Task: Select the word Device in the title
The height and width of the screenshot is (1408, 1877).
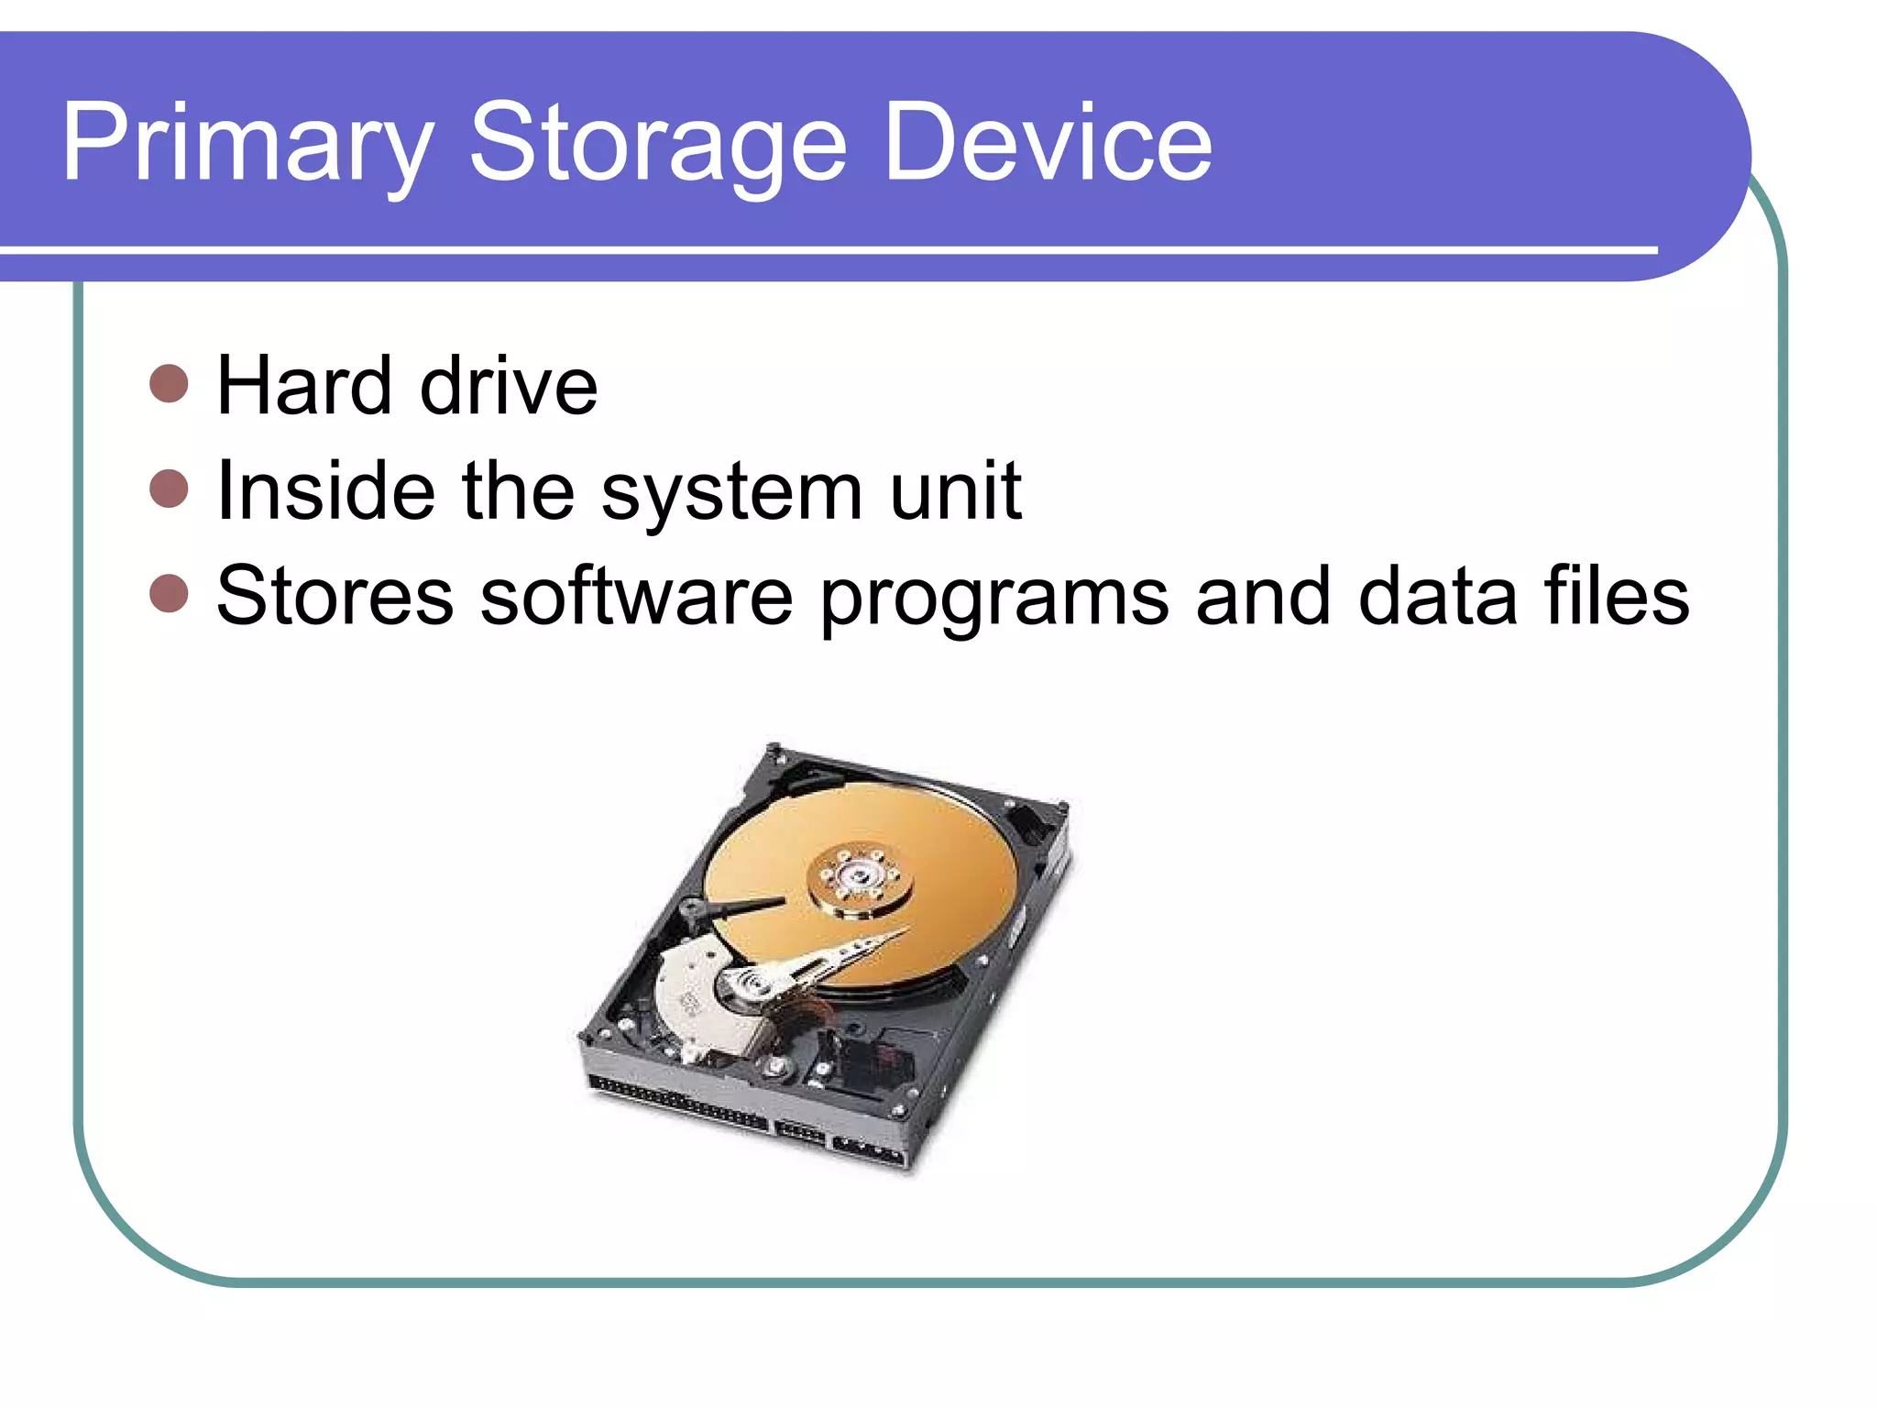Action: tap(1048, 144)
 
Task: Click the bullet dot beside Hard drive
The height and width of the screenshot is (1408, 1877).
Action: tap(169, 383)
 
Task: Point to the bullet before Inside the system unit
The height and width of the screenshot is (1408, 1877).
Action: tap(169, 489)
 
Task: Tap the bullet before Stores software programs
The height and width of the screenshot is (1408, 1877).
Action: tap(169, 594)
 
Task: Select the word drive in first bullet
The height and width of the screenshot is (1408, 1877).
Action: tap(509, 385)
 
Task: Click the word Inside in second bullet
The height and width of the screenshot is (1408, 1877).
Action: tap(325, 490)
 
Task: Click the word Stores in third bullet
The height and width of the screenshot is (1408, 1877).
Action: tap(335, 596)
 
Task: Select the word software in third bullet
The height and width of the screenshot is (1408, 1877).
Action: tap(636, 596)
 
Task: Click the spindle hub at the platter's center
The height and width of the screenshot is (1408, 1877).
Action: tap(860, 878)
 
